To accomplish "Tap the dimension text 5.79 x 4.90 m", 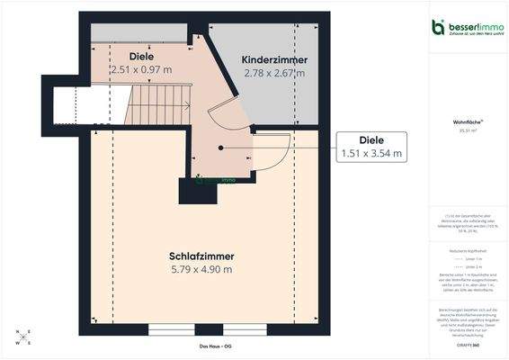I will tap(201, 269).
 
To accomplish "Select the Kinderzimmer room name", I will tap(274, 59).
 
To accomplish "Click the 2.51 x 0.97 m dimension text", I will tap(140, 68).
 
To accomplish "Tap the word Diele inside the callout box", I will tap(371, 140).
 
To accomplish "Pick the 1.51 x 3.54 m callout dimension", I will tap(371, 154).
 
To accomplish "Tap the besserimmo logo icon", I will tap(438, 26).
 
